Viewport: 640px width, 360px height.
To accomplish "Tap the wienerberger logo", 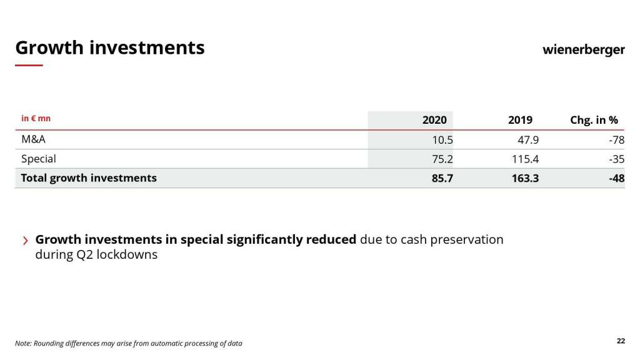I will (583, 49).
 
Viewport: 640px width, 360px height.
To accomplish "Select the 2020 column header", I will (434, 120).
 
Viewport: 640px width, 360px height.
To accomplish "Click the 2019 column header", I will (520, 120).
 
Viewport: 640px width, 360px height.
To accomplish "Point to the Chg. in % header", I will (594, 120).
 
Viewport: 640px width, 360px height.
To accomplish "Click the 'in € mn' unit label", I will (36, 118).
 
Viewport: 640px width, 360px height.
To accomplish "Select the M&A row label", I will (33, 139).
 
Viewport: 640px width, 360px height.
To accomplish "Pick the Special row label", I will (38, 159).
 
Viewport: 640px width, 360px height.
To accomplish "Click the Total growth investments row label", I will (89, 178).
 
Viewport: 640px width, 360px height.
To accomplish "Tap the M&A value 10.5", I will (442, 140).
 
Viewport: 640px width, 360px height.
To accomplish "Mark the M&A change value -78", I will (616, 140).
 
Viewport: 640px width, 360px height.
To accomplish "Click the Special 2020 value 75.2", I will (442, 159).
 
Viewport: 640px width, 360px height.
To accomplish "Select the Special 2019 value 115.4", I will (525, 159).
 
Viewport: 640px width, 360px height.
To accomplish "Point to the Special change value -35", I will (616, 159).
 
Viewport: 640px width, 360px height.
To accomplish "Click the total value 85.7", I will (442, 179).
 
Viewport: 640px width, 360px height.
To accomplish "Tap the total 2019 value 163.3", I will (525, 179).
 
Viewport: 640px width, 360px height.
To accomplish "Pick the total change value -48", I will (616, 179).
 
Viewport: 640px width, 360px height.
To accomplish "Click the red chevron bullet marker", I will (26, 241).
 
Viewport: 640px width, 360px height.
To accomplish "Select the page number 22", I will (621, 341).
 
